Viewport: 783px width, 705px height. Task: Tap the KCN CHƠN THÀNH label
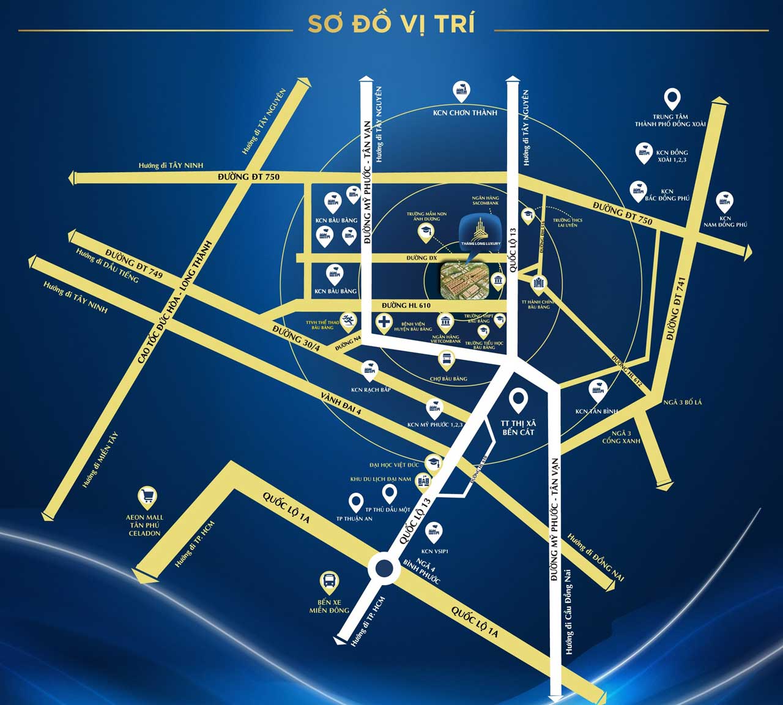[465, 113]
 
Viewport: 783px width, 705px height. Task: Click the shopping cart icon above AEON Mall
[147, 496]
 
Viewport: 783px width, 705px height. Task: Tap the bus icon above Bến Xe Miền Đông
[330, 581]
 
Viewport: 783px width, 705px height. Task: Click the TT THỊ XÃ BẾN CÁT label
[518, 427]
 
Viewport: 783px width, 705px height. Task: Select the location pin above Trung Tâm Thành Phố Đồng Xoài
[672, 99]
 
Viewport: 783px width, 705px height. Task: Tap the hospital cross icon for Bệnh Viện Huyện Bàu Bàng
[384, 322]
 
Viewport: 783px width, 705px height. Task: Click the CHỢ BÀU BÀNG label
[450, 379]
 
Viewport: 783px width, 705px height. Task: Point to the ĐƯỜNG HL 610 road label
[406, 305]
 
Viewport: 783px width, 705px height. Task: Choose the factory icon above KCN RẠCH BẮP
[369, 369]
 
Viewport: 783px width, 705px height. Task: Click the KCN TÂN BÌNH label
[596, 411]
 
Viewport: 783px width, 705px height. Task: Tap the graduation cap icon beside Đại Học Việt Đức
[434, 462]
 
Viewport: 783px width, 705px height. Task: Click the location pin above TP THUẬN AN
[356, 502]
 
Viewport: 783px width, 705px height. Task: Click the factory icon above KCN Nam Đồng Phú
[725, 200]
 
